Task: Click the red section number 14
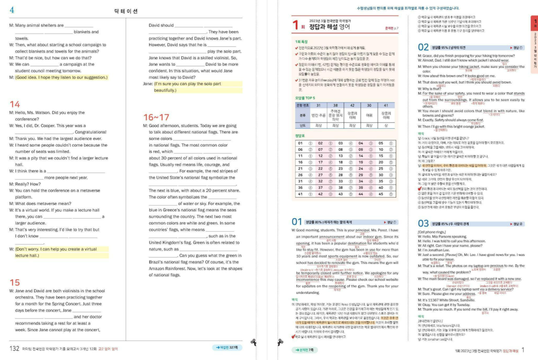(15, 104)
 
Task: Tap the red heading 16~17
(157, 117)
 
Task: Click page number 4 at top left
(12, 10)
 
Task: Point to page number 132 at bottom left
(15, 348)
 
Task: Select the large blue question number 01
(297, 222)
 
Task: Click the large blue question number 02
(423, 47)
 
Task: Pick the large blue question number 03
(423, 223)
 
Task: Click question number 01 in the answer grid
(301, 143)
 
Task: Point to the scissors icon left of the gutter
(253, 343)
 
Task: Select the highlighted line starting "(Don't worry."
(59, 252)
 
